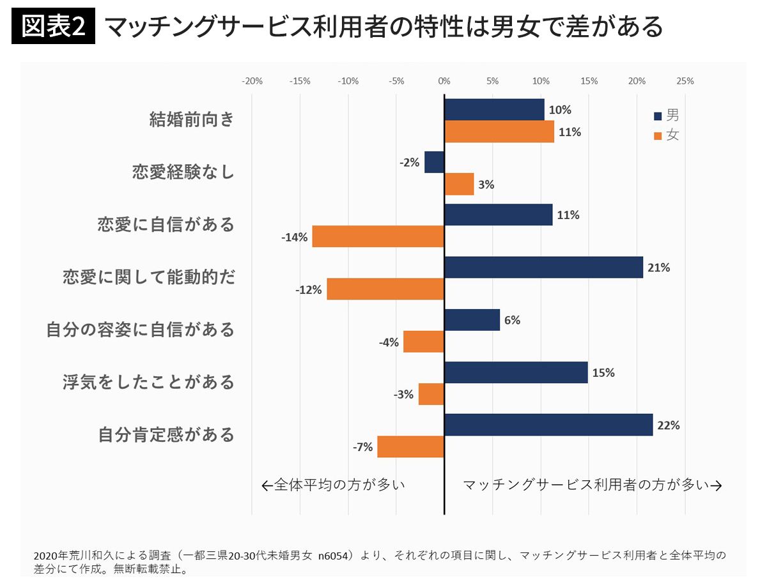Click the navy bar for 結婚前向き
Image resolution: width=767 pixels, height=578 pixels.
coord(494,110)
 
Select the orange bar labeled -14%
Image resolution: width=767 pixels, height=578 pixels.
coord(378,236)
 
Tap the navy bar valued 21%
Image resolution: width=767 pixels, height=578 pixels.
coord(544,268)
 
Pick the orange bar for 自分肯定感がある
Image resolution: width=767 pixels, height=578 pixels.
coord(410,446)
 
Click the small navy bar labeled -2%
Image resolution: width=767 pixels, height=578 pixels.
coord(435,162)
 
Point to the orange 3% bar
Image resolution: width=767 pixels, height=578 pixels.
coord(459,184)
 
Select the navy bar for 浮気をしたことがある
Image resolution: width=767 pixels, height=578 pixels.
coord(516,372)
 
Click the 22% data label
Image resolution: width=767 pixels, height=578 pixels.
coord(669,425)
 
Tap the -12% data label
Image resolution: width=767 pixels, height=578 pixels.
coord(309,290)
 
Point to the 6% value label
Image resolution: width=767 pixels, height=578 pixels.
coord(512,320)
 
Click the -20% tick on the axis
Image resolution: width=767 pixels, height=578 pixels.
coord(252,81)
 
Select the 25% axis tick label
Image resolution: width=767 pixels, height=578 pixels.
coord(685,81)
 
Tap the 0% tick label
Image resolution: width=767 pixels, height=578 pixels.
coord(444,81)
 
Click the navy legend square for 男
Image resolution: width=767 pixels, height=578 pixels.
coord(658,116)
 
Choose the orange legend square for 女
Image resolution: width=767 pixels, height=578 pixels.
coord(658,135)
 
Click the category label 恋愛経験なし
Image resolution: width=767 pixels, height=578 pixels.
coord(183,172)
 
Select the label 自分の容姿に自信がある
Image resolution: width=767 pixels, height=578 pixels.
coord(140,329)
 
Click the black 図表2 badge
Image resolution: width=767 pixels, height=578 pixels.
coord(53,26)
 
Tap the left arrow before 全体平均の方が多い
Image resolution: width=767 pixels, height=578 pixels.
coord(267,486)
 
